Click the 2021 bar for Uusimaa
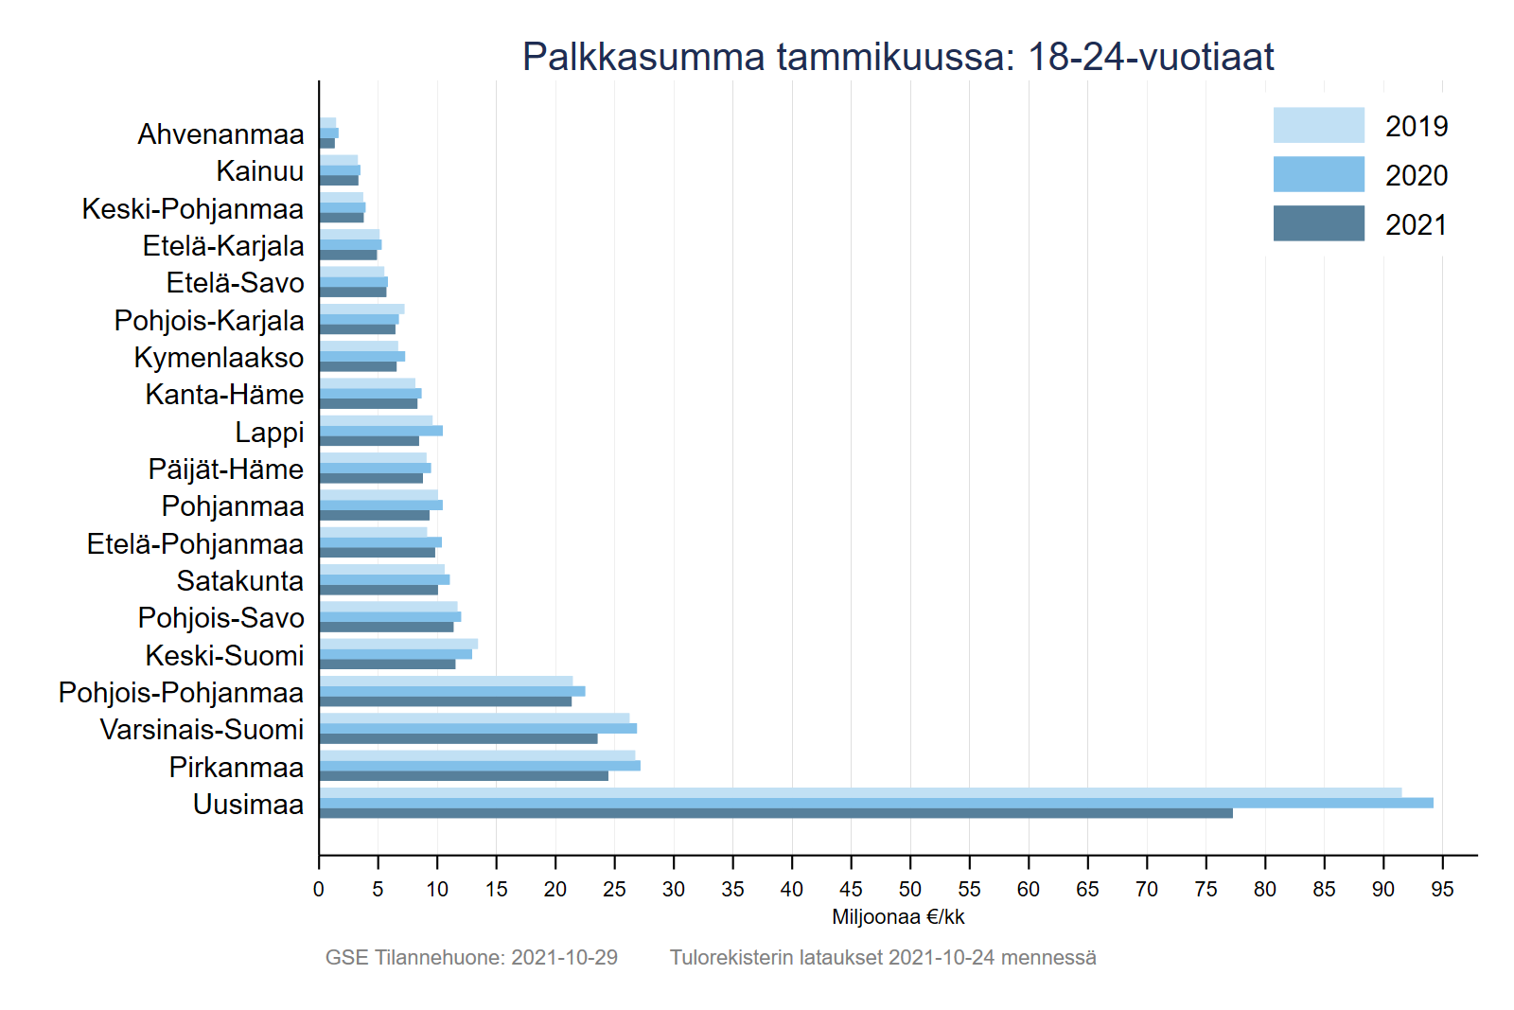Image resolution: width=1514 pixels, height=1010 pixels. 776,813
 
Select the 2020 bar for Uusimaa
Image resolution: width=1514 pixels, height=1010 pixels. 875,803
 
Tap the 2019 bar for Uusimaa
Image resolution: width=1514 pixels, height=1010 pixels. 861,792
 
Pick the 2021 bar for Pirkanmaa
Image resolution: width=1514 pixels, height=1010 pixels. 464,775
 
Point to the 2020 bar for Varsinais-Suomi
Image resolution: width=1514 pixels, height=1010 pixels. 478,728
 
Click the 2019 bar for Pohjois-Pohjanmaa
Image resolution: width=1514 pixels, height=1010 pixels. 446,681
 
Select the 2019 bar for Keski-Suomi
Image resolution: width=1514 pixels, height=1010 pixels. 398,644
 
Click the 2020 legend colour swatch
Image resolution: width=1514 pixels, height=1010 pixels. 1318,174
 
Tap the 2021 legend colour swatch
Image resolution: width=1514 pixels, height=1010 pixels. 1318,223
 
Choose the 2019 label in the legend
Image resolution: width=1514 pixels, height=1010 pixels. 1416,126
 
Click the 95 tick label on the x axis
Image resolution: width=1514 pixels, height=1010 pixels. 1442,889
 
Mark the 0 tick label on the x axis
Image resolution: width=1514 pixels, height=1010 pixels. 319,889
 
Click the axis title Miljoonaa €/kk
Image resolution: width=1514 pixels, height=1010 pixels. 898,916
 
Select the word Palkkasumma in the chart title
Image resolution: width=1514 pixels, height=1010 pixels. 643,57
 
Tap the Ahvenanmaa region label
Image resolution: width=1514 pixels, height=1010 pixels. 220,134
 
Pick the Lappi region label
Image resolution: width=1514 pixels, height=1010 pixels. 270,433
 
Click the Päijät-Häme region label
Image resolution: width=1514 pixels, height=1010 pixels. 226,470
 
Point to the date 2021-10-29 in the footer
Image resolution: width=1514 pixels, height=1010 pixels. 564,957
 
